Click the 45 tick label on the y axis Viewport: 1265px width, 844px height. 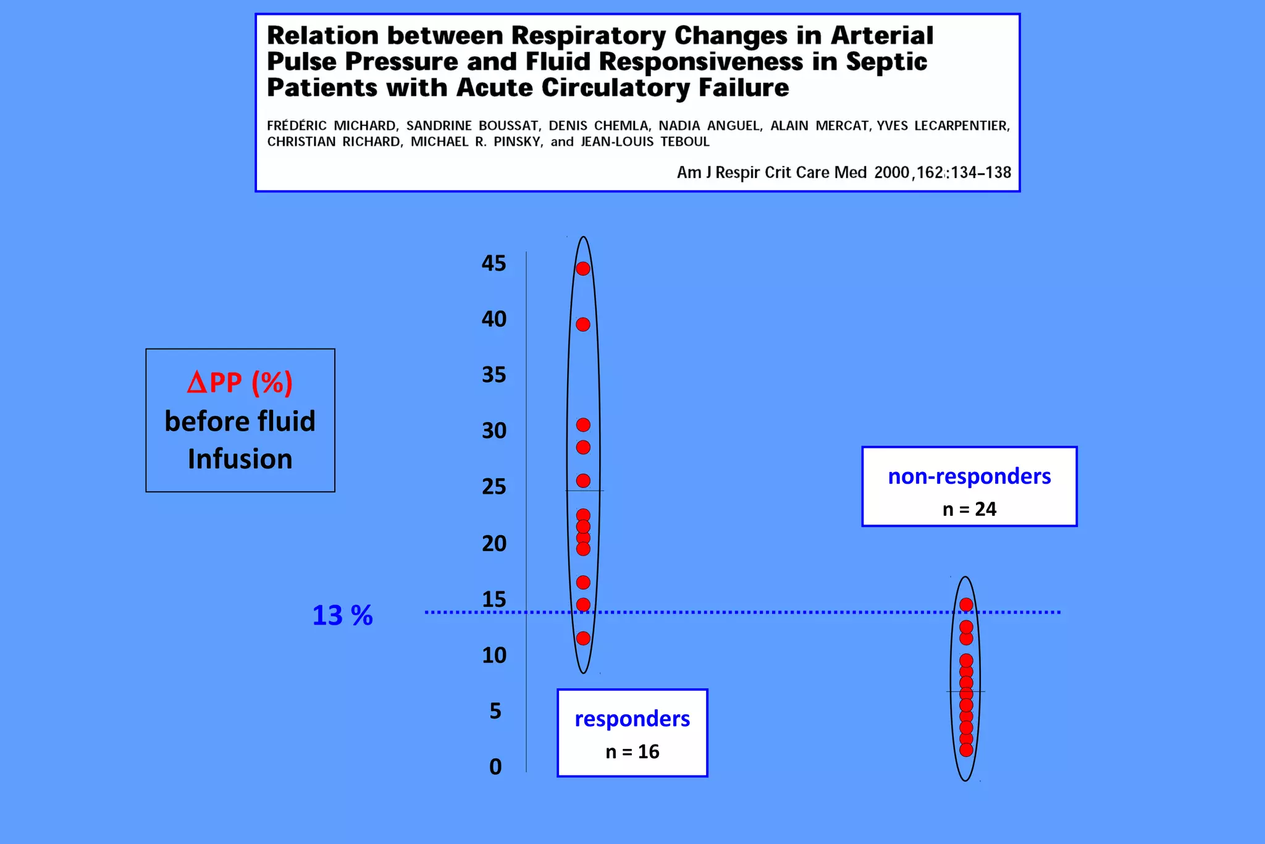click(494, 263)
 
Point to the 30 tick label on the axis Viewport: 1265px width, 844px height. click(494, 431)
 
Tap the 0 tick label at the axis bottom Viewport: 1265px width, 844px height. click(495, 767)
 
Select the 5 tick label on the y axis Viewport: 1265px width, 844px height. click(495, 711)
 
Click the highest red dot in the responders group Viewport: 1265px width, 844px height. click(583, 269)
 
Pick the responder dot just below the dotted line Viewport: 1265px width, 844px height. click(583, 638)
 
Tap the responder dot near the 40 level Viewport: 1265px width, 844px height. click(583, 324)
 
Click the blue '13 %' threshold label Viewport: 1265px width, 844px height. click(342, 615)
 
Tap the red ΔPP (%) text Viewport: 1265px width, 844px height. click(240, 382)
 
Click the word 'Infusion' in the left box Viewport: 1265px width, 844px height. click(240, 459)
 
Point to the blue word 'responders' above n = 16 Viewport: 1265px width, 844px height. click(632, 719)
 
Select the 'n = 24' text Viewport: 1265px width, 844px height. click(969, 509)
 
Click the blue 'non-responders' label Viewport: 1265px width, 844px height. click(969, 476)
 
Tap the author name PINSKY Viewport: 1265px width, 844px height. click(518, 141)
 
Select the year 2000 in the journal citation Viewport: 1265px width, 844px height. click(891, 172)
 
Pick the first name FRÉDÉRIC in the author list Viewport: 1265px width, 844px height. click(296, 125)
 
